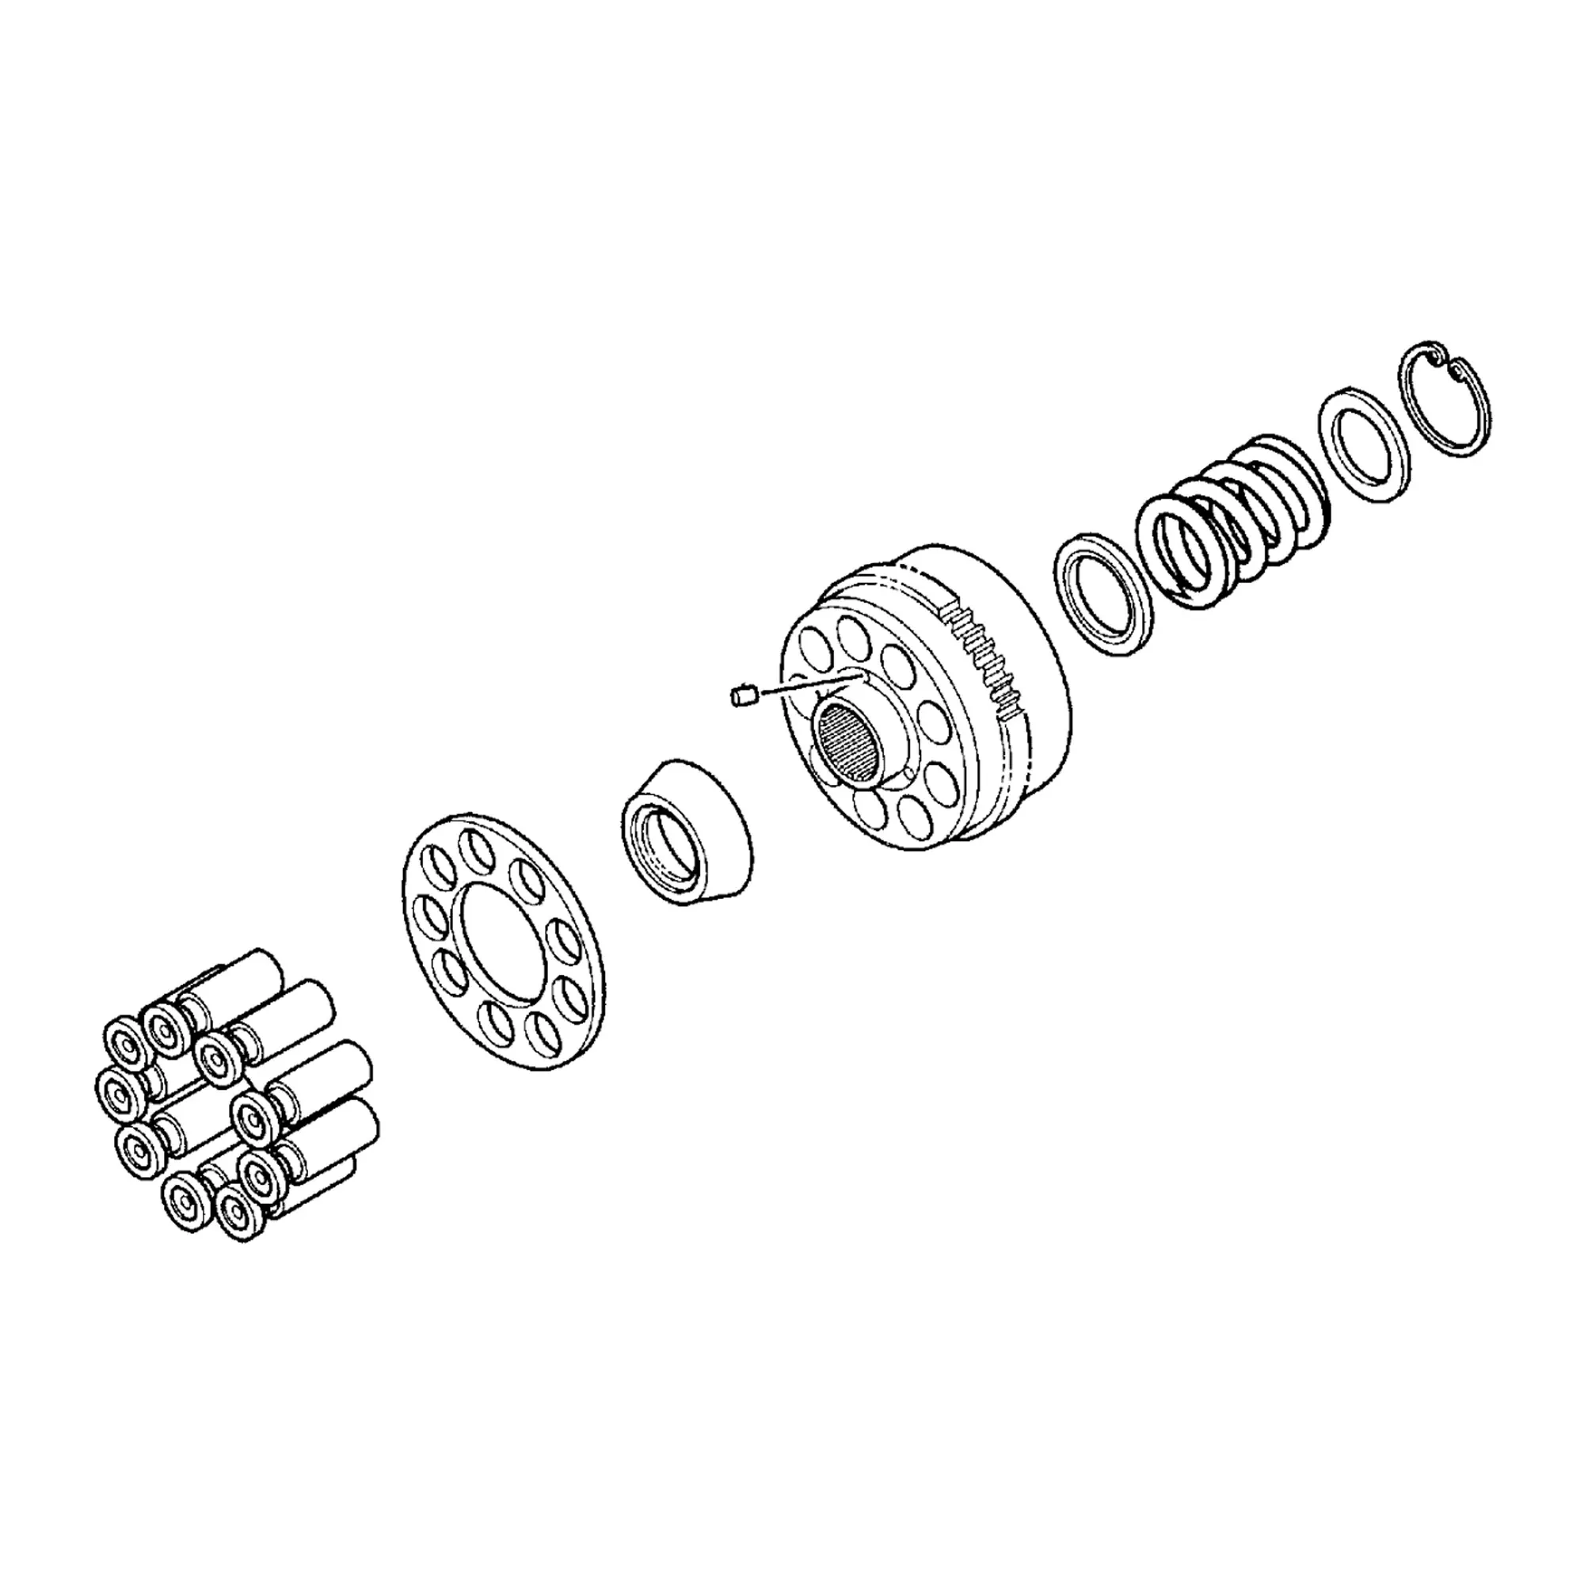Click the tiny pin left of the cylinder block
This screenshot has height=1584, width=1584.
741,698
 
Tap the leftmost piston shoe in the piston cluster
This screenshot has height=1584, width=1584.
120,1095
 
